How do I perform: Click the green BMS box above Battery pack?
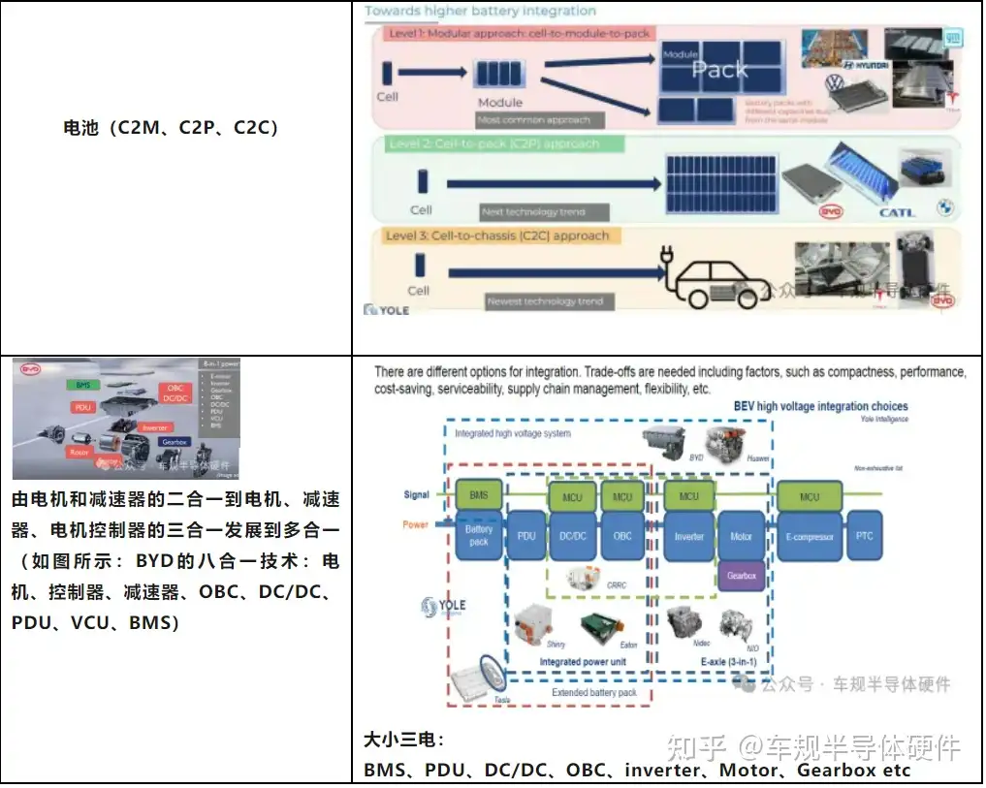click(x=479, y=495)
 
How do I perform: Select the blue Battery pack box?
click(x=479, y=536)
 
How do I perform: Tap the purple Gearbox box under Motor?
click(x=742, y=576)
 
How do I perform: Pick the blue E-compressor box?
click(x=809, y=536)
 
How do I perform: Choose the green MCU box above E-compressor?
click(x=809, y=496)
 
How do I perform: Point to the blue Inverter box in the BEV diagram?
click(x=689, y=536)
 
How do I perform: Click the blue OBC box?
click(x=622, y=536)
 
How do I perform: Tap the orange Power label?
click(x=416, y=525)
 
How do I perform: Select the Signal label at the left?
click(x=416, y=495)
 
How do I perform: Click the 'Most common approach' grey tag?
click(x=539, y=120)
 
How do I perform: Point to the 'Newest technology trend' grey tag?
click(x=545, y=301)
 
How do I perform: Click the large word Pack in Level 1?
click(x=719, y=70)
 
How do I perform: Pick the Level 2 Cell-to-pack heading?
click(x=493, y=144)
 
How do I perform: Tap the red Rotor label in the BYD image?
click(x=80, y=452)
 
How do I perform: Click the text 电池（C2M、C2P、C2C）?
click(x=171, y=128)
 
